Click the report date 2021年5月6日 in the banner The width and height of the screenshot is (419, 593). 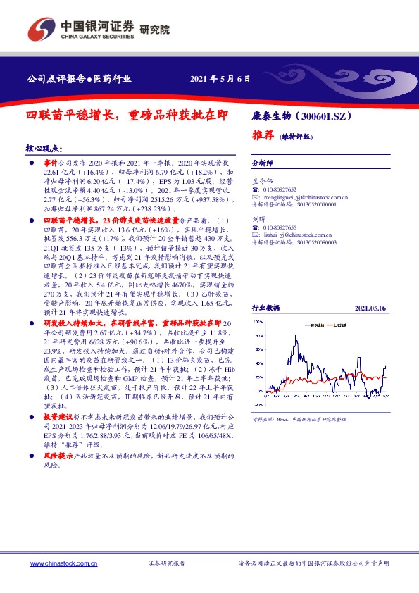click(x=220, y=80)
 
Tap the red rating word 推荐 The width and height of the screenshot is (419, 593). click(x=263, y=135)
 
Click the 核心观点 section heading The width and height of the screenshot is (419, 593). click(x=43, y=150)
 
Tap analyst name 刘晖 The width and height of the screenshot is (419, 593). click(x=258, y=218)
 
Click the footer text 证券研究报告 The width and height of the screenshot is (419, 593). click(x=166, y=564)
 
